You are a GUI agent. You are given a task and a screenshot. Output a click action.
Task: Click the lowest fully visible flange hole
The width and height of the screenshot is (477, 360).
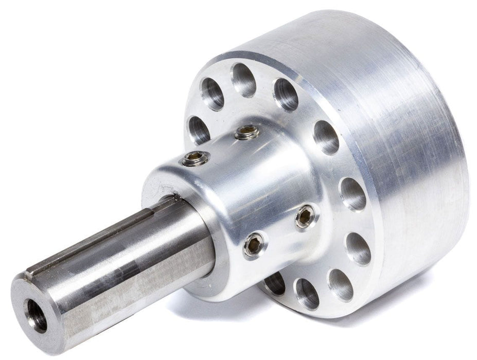coord(307,294)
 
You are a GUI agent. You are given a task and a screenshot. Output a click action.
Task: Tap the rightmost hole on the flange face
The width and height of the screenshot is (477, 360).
coord(354,194)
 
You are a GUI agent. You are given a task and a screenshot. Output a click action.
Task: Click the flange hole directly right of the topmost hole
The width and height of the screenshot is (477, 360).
coord(286,94)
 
